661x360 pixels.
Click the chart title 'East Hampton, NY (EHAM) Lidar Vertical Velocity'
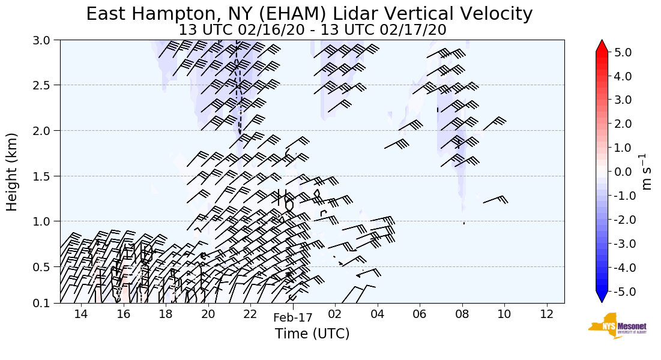point(309,14)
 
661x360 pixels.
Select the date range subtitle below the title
point(312,29)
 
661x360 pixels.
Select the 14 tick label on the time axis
point(81,314)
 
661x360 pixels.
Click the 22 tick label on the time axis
point(250,314)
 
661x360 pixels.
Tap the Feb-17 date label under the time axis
point(292,319)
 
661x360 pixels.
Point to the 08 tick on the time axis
point(462,314)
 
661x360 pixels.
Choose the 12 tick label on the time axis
point(546,314)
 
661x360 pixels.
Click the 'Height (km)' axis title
point(12,172)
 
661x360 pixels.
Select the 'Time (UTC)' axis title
point(312,334)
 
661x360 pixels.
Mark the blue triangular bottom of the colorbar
point(602,298)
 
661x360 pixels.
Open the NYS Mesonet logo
point(613,325)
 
